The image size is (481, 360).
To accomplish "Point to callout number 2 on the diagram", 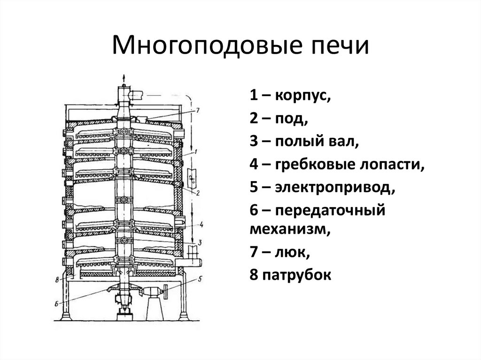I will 199,193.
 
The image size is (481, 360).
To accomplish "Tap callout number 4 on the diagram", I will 201,224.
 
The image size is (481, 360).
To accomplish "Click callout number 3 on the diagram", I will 200,243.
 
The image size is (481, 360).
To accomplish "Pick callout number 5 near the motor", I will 200,279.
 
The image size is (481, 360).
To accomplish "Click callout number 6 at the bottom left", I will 56,303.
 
